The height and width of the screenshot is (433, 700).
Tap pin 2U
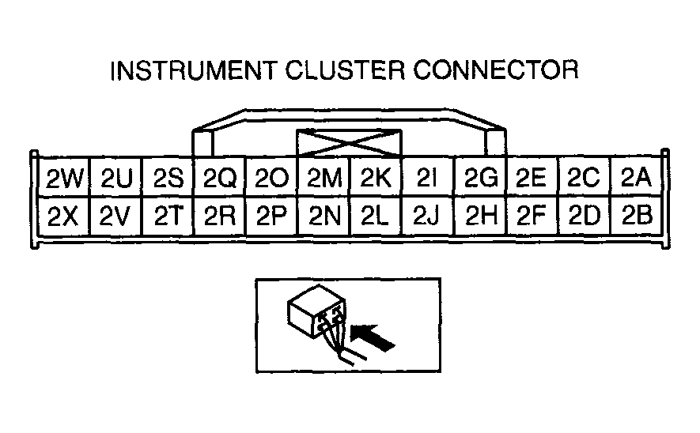pos(117,179)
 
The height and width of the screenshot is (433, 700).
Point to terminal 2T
pos(168,215)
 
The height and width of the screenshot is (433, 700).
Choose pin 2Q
pos(220,179)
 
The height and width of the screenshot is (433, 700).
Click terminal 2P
pos(271,215)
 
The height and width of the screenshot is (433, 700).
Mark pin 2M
pos(323,179)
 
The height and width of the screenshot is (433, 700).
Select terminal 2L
pos(375,215)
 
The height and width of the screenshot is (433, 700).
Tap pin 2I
pos(426,179)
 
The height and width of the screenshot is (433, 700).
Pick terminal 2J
pos(426,215)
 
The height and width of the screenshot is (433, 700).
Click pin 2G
pos(480,179)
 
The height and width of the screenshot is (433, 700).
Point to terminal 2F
pos(532,215)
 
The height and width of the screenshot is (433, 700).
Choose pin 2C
pos(584,179)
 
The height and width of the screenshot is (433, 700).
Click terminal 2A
pos(635,179)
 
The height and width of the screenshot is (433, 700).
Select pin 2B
pos(635,215)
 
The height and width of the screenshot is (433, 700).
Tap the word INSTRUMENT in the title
pos(191,72)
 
